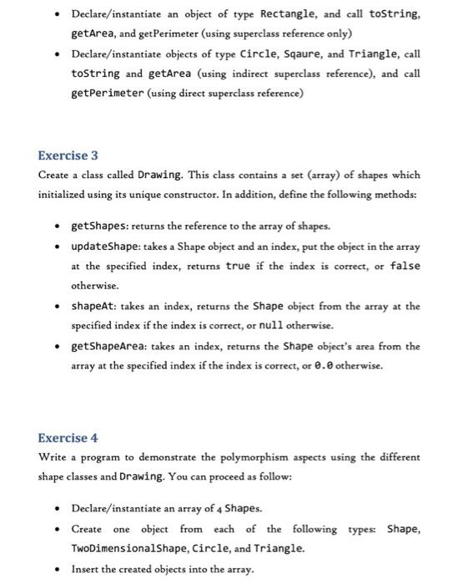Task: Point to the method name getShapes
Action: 102,226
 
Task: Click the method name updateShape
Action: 107,247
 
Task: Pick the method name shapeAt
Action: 96,306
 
